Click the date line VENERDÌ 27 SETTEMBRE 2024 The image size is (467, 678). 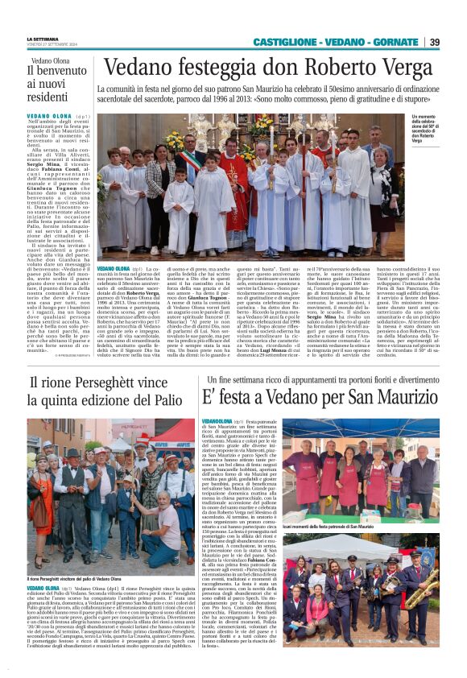55,45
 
